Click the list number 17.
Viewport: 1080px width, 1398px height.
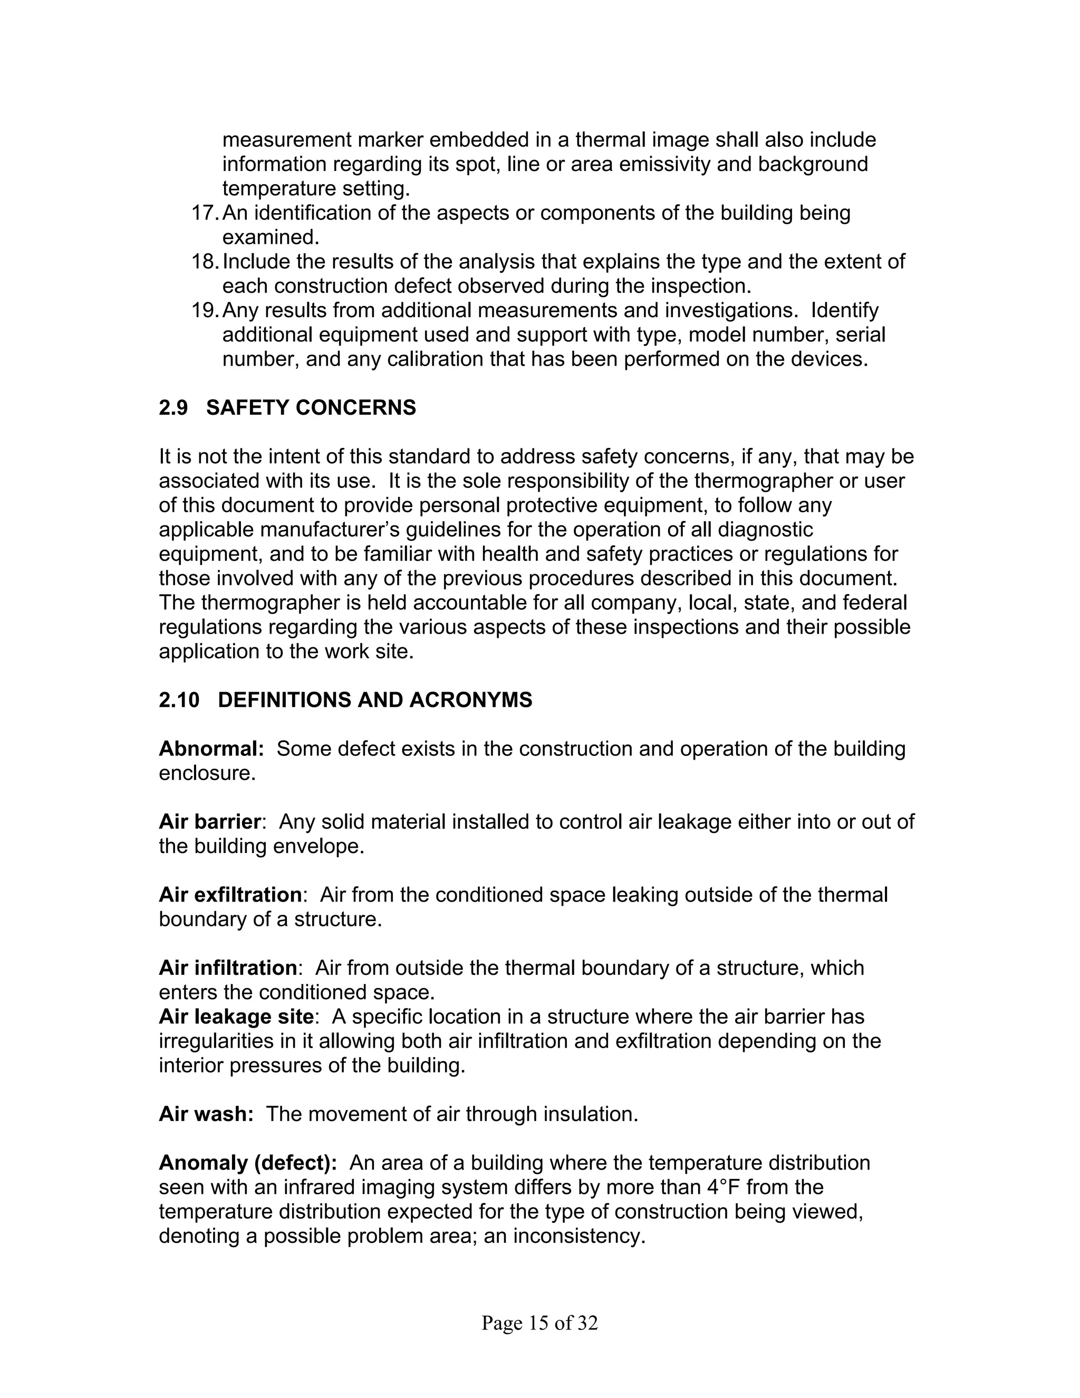(204, 213)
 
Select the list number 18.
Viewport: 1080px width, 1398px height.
(204, 262)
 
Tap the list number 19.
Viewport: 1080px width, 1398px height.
(204, 310)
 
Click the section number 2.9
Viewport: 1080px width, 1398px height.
(173, 408)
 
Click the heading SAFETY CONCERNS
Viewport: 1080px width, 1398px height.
(311, 408)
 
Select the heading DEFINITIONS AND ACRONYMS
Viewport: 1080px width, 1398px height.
(375, 700)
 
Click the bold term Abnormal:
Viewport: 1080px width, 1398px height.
(211, 749)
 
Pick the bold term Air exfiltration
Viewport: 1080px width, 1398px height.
(230, 895)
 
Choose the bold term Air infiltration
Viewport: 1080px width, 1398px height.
(228, 968)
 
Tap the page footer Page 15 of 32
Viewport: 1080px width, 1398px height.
(539, 1323)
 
